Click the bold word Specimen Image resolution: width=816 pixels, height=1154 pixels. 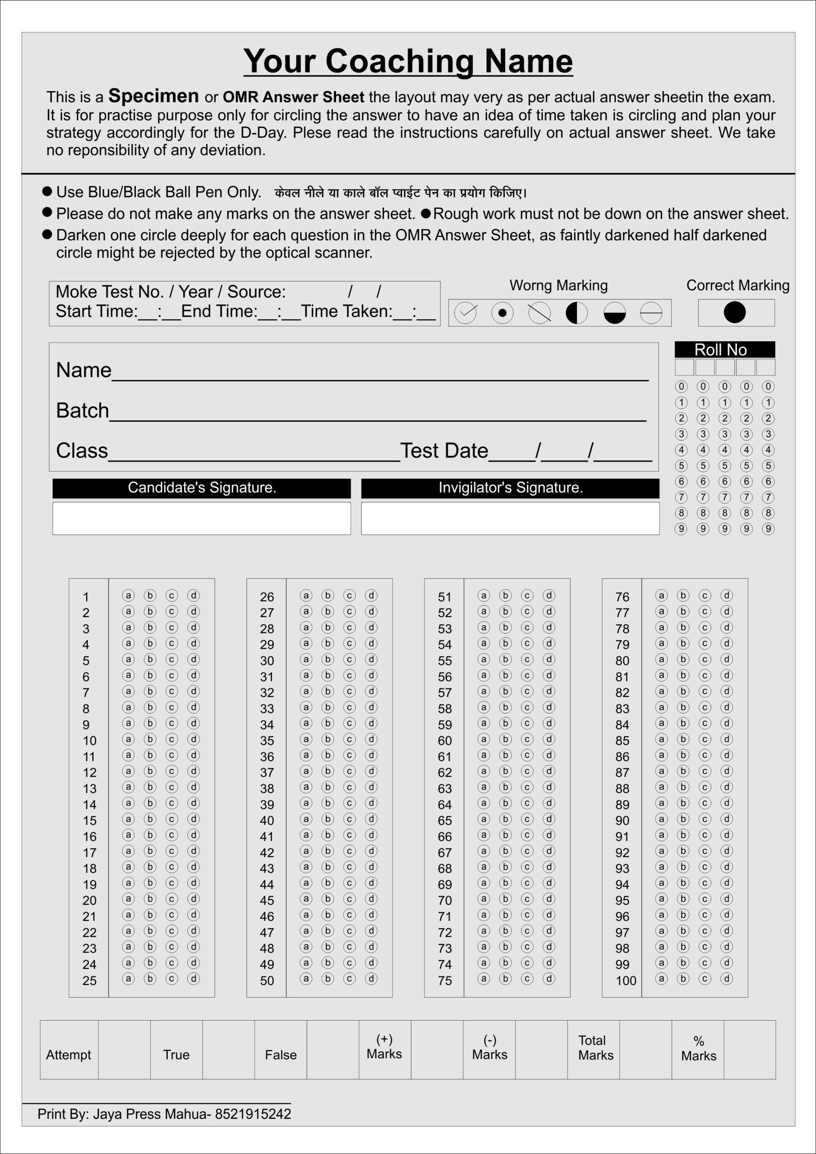[x=153, y=96]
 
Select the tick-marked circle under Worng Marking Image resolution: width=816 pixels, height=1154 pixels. [x=465, y=313]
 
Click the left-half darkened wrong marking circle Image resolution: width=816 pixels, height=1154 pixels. [x=576, y=313]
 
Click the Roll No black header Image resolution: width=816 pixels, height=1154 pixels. [x=724, y=349]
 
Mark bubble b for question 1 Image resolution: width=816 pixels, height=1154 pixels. [x=150, y=595]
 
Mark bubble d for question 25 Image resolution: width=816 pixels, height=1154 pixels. [x=193, y=978]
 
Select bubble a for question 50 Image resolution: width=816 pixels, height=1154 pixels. [x=306, y=978]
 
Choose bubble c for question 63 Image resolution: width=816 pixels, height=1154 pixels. [x=527, y=787]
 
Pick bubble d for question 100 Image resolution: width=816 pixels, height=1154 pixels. [x=726, y=978]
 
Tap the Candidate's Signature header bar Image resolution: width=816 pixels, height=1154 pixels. [x=202, y=488]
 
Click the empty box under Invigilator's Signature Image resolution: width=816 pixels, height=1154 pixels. [x=510, y=518]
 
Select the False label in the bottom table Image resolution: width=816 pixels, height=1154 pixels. [x=280, y=1054]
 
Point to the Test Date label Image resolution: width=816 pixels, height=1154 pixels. [x=444, y=450]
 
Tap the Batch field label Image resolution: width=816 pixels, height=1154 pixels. [x=83, y=410]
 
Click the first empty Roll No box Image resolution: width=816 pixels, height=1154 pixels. [x=684, y=367]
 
